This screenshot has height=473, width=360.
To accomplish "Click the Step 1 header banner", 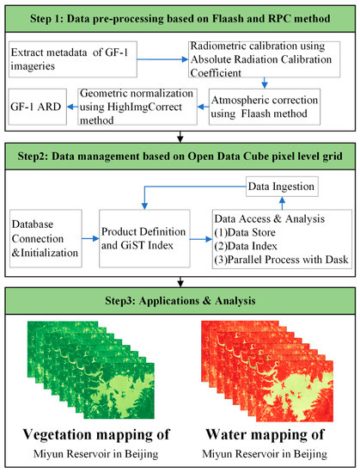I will click(180, 18).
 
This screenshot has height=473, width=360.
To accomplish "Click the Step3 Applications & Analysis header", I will click(180, 302).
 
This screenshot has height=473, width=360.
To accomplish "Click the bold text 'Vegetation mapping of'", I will click(95, 432).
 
